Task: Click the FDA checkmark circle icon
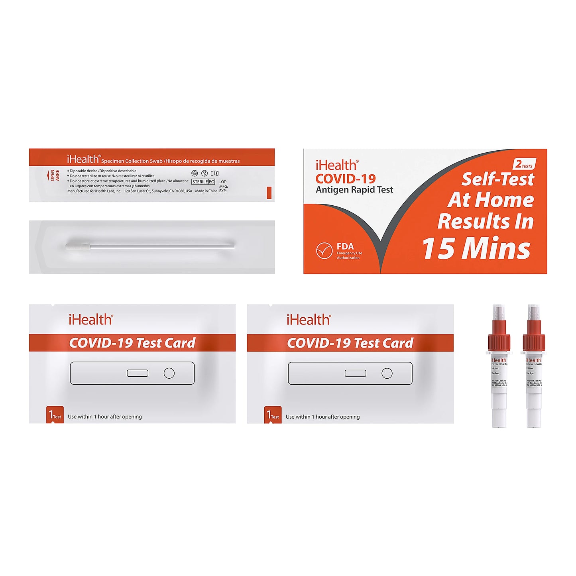[324, 251]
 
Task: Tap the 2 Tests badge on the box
[524, 164]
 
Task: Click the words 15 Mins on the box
[476, 248]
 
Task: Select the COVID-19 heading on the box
[345, 179]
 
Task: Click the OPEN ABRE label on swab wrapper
[55, 175]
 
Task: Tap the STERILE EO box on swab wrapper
[203, 182]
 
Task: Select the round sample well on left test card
[169, 373]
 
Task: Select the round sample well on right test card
[387, 373]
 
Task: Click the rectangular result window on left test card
[138, 373]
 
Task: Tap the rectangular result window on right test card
[356, 373]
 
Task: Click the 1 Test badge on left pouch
[55, 415]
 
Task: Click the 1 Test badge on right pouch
[273, 415]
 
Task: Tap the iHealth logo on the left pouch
[91, 320]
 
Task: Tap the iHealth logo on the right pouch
[309, 320]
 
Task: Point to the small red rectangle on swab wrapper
[269, 193]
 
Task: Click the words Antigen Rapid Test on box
[354, 190]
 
